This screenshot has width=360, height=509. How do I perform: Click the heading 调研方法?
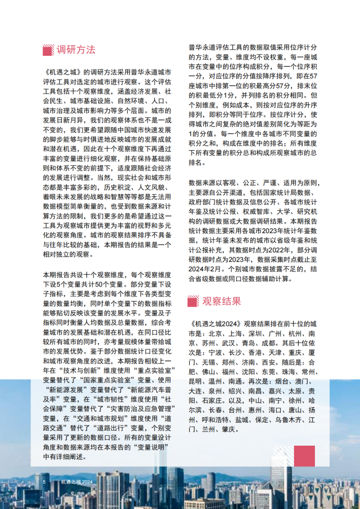[x=76, y=50]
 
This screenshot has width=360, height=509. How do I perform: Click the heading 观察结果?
[x=222, y=301]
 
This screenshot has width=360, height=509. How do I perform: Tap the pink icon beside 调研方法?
[x=49, y=50]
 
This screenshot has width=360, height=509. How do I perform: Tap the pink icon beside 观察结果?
[x=193, y=301]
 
